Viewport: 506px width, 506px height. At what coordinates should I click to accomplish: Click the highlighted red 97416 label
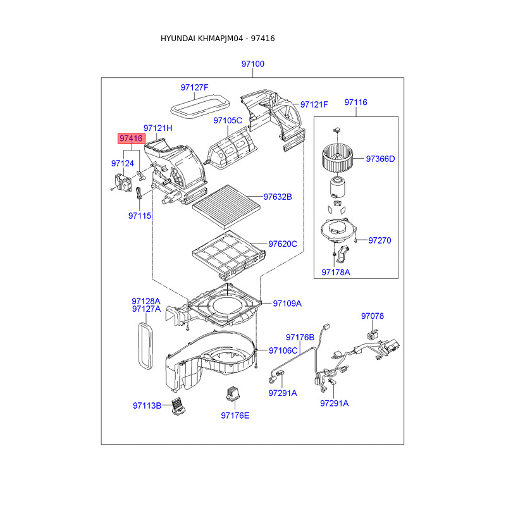point(130,138)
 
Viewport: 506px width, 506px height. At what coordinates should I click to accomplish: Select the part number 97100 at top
point(252,64)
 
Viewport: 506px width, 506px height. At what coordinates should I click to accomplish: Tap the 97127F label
point(194,87)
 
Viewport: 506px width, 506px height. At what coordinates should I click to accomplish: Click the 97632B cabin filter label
point(278,197)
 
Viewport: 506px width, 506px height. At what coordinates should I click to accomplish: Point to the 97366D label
point(380,159)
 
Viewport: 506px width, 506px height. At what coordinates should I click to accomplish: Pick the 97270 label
point(379,240)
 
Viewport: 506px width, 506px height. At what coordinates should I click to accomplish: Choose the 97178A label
point(335,272)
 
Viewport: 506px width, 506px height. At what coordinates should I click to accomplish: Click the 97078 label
point(373,316)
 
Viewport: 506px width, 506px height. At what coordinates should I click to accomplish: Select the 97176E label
point(235,416)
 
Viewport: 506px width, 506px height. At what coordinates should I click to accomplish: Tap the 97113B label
point(147,405)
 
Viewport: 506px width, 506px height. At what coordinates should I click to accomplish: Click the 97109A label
point(287,304)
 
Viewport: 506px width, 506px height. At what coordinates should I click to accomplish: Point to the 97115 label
point(140,216)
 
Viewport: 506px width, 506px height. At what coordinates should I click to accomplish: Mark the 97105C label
point(228,120)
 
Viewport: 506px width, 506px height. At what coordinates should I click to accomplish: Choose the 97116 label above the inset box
point(355,102)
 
